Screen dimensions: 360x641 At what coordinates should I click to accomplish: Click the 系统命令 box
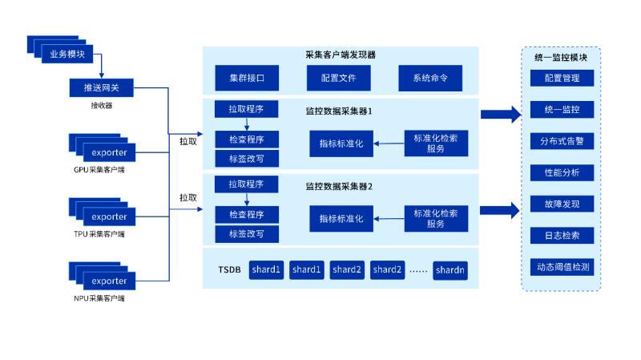coord(430,79)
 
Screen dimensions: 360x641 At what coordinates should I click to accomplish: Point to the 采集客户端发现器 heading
coord(341,55)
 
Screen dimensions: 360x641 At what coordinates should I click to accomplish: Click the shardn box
coord(450,270)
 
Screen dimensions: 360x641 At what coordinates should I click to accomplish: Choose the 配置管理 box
coord(561,79)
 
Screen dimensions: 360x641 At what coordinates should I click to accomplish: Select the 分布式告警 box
coord(561,141)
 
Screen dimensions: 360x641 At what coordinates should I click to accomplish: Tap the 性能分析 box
coord(561,172)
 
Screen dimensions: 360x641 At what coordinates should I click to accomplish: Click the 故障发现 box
coord(561,204)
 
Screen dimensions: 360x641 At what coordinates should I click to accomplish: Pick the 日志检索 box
coord(561,235)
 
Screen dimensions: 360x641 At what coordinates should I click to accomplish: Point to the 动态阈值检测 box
coord(561,266)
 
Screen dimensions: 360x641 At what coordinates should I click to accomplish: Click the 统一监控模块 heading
coord(561,58)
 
